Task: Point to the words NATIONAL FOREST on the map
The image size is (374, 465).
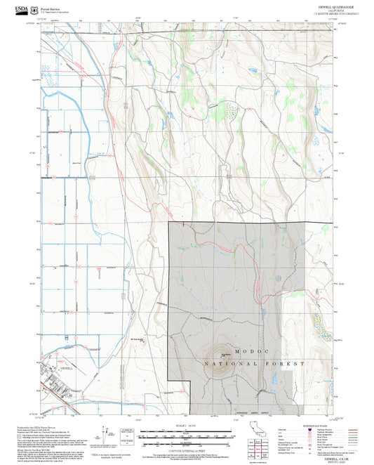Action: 255,365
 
